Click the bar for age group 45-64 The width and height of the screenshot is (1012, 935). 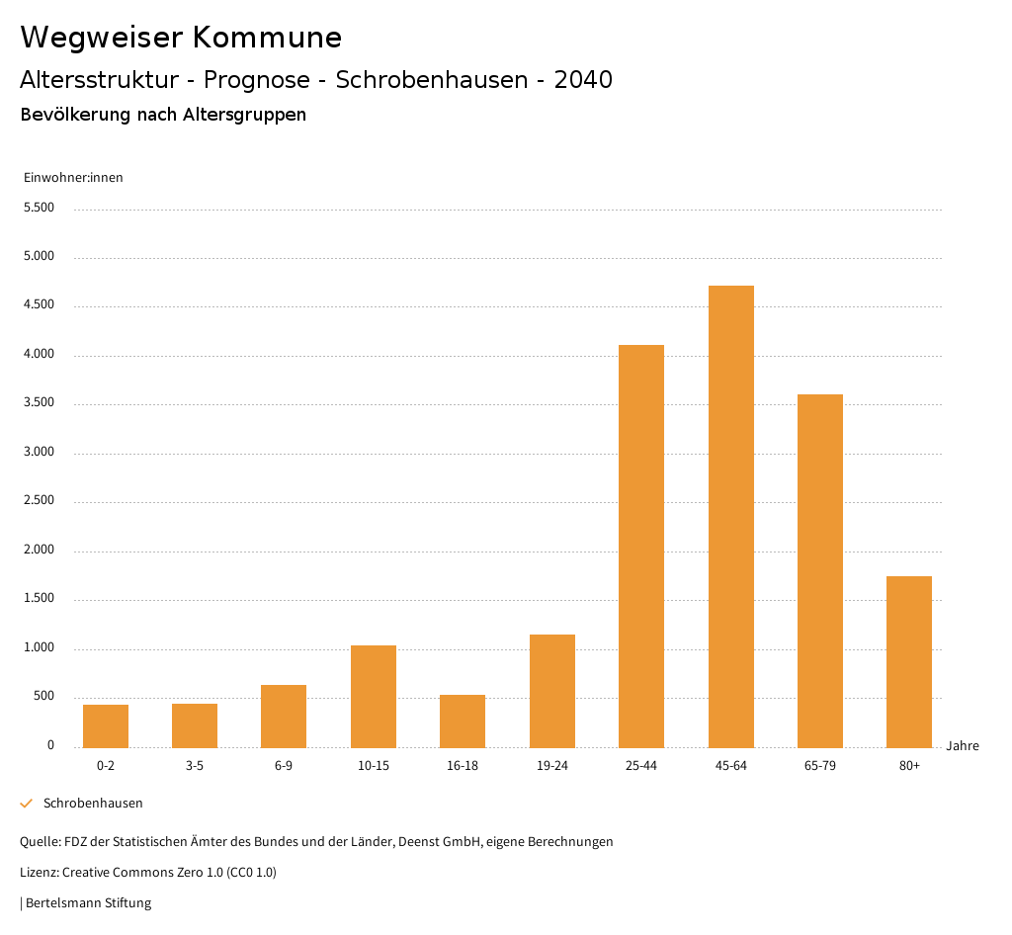tap(730, 516)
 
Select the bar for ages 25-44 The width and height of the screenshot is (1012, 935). tap(641, 546)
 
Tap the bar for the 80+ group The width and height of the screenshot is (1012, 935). tap(909, 661)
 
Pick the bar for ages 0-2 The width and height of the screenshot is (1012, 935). tap(106, 725)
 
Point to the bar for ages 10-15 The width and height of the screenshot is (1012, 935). tap(374, 696)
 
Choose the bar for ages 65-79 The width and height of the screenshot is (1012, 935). tap(820, 570)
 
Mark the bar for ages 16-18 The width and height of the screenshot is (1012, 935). tap(463, 721)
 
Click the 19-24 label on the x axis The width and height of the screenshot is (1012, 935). tap(552, 766)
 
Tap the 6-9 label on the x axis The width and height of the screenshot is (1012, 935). tap(284, 766)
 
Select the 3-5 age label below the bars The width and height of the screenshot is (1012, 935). tap(195, 766)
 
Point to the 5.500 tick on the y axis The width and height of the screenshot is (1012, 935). tap(39, 208)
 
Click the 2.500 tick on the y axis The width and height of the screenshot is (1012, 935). tap(39, 501)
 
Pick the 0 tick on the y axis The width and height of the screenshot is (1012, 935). tap(50, 745)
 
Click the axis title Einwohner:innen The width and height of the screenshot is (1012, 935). tap(73, 178)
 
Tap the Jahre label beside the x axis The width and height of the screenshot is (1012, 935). tap(963, 746)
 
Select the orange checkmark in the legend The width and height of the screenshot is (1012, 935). tap(27, 804)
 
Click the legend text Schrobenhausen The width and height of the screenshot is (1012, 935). tap(93, 804)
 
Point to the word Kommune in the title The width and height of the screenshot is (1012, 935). tap(267, 38)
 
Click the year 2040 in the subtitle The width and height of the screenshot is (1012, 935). tap(583, 80)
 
